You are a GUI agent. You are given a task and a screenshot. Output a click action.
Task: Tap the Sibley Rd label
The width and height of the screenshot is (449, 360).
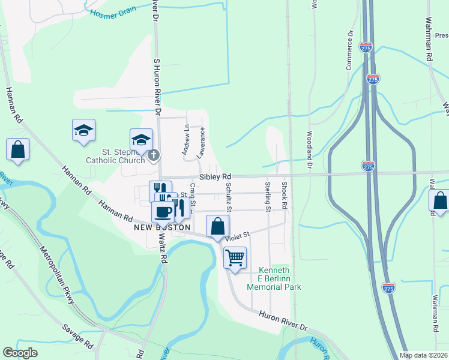(x=215, y=177)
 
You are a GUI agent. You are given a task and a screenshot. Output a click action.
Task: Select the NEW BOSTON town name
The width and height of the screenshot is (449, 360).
(x=162, y=228)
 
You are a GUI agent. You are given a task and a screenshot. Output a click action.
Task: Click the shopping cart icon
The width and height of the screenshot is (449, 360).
(x=235, y=258)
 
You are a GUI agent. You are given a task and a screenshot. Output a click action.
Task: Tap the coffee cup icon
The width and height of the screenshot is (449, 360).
(x=163, y=211)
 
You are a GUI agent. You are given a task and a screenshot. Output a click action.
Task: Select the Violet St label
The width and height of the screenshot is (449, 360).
(x=237, y=237)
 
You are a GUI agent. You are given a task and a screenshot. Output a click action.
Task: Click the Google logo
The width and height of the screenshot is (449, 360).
(x=20, y=353)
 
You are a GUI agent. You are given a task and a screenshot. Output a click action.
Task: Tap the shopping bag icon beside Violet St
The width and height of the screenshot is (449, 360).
(x=217, y=227)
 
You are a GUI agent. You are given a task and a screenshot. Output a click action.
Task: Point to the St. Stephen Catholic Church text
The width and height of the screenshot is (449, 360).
(x=116, y=156)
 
